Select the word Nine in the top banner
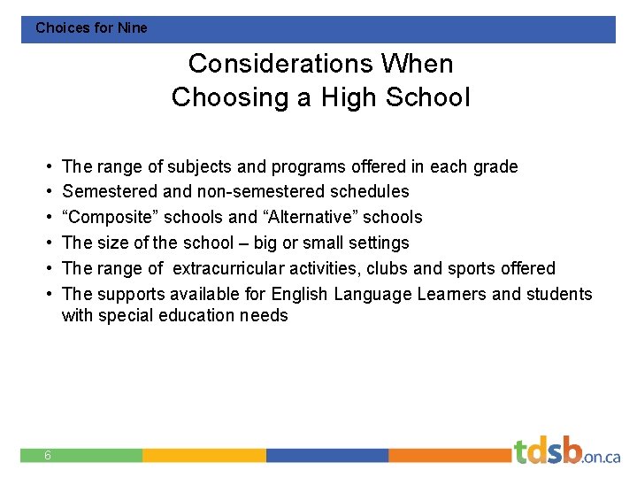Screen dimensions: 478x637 tap(133, 27)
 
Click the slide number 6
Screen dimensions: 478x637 tap(48, 455)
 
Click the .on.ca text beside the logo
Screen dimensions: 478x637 tap(602, 457)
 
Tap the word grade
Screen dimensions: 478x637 tap(495, 166)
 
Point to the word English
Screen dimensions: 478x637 tap(300, 294)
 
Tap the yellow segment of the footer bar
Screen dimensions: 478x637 tap(203, 455)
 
